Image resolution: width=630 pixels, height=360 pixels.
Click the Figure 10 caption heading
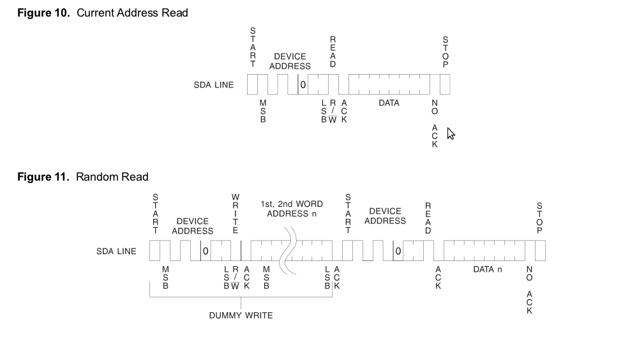click(102, 13)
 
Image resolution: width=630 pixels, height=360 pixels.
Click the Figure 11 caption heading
click(82, 177)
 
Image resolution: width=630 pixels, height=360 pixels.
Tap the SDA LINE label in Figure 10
click(214, 85)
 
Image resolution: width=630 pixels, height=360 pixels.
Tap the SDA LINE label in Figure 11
click(116, 251)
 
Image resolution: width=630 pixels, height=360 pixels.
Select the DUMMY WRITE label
click(241, 315)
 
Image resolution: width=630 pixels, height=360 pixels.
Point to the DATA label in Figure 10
click(389, 103)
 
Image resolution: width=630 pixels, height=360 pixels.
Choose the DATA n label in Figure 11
click(488, 269)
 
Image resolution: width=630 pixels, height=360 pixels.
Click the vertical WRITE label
click(236, 214)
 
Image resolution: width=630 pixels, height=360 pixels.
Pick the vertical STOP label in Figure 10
click(446, 52)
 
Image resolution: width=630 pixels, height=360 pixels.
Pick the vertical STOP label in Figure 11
click(540, 218)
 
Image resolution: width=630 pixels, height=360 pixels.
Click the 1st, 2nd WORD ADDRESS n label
click(292, 209)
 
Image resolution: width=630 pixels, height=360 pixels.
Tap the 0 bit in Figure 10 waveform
click(303, 84)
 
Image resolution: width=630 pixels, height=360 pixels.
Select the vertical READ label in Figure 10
click(333, 52)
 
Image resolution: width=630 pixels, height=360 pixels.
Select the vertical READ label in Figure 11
click(428, 218)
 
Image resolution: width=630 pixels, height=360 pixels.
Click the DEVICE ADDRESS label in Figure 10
click(290, 61)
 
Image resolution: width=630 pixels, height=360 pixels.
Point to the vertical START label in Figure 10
click(253, 47)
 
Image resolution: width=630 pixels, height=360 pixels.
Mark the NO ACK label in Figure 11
click(530, 290)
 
